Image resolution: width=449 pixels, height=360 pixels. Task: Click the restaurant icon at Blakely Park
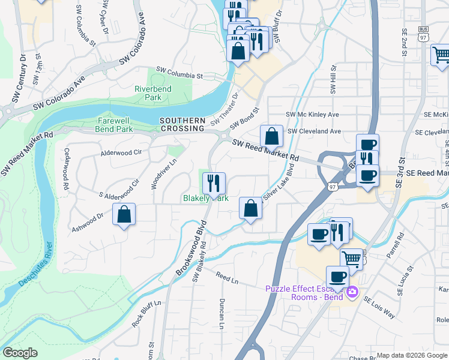(x=214, y=182)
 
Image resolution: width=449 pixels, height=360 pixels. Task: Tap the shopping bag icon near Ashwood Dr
(x=124, y=215)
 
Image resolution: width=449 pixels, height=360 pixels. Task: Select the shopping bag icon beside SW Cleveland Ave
(x=271, y=136)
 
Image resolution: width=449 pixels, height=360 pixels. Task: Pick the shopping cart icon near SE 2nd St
(x=441, y=55)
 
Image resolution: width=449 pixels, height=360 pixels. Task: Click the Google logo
(x=20, y=353)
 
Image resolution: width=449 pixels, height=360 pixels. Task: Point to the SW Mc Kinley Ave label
(x=312, y=114)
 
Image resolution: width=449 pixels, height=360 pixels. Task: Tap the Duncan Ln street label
(x=221, y=313)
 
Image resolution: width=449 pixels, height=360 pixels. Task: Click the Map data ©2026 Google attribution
(x=412, y=355)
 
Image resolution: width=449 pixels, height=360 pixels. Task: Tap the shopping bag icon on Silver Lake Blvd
(x=250, y=208)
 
